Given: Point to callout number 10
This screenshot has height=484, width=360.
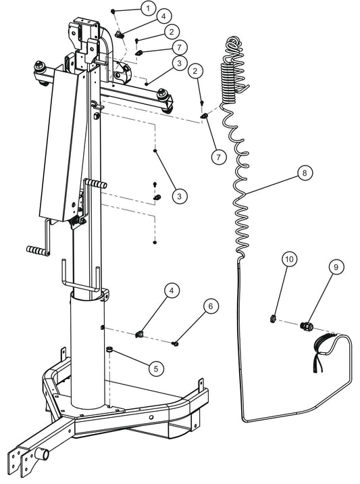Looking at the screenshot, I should pos(289,259).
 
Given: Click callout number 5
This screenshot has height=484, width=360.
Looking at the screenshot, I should pos(156,369).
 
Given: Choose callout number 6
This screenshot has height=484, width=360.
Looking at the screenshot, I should pos(211,306).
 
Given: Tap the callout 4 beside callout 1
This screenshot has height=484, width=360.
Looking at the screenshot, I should pos(163,16).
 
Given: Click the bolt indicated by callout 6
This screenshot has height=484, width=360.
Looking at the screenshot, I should pos(176,343).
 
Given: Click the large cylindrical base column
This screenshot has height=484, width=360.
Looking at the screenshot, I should pos(88,352).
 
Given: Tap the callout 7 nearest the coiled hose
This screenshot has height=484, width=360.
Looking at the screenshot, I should pos(217,156).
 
